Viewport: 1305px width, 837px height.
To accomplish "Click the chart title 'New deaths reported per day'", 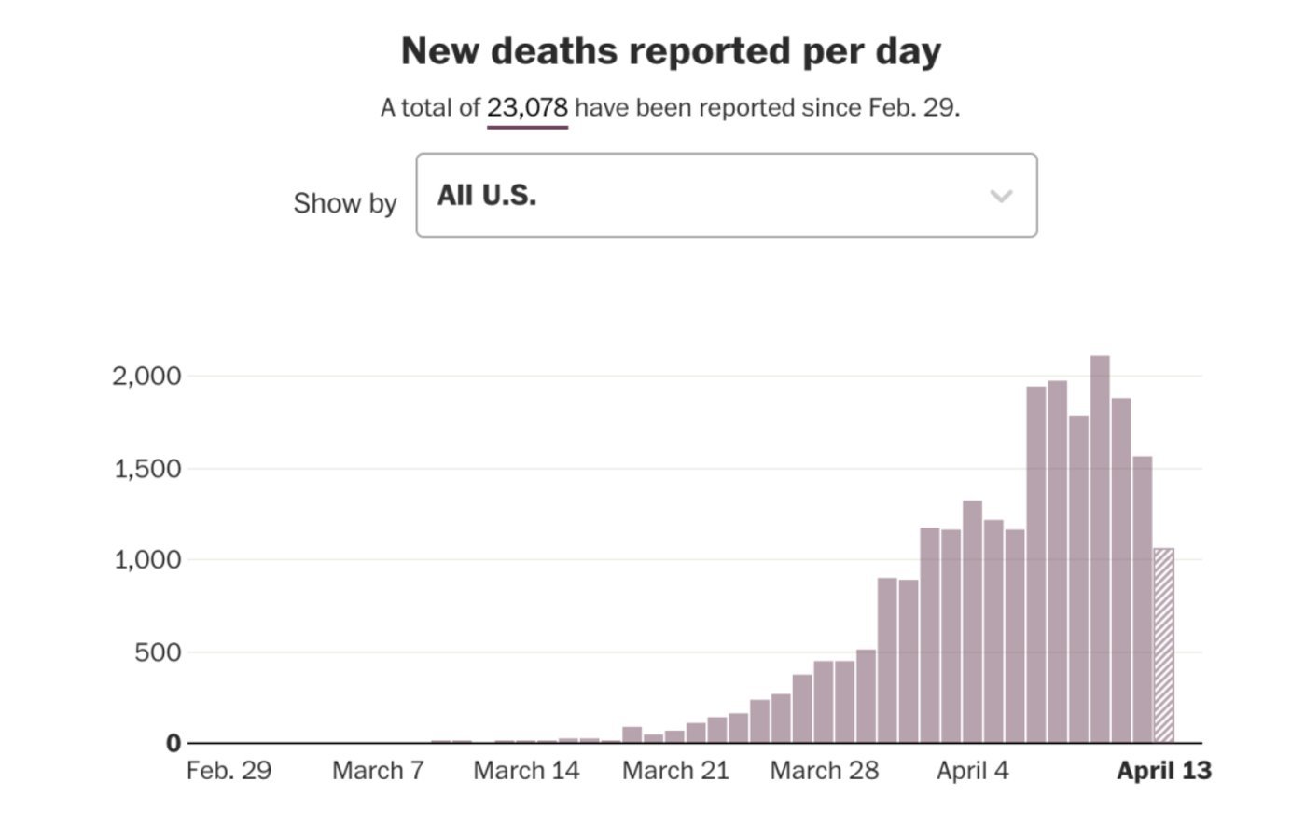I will click(671, 51).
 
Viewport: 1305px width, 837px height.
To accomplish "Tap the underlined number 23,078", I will click(527, 108).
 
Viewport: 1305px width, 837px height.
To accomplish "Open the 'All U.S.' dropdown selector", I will click(726, 196).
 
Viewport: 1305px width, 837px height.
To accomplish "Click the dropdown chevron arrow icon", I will click(1001, 196).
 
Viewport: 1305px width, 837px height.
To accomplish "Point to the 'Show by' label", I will click(345, 203).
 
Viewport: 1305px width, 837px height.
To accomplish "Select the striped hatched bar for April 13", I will click(1163, 645).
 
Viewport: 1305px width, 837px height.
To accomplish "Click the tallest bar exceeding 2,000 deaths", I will click(1100, 550).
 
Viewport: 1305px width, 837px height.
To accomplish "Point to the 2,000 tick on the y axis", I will click(146, 377).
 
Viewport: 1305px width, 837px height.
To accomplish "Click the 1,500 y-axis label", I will click(147, 469).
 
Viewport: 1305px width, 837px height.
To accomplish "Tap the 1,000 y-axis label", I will click(147, 560).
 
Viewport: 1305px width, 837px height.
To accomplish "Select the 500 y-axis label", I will click(158, 652).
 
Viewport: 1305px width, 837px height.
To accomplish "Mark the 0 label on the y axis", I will click(174, 744).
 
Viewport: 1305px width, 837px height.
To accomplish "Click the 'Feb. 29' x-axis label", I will click(229, 771).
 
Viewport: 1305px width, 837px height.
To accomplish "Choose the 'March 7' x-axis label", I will click(378, 771).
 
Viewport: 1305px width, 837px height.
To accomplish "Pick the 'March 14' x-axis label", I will click(526, 771).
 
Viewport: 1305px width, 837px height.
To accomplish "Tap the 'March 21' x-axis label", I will click(675, 771).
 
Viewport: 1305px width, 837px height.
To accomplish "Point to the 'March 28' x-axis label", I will click(824, 771).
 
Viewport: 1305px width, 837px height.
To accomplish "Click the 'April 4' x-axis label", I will click(972, 771).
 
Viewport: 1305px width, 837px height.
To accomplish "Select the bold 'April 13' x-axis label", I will click(1163, 771).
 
